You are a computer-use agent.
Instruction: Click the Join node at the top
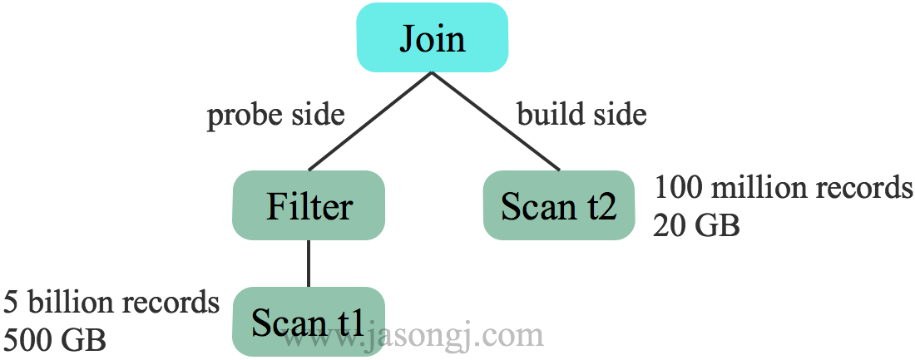(432, 38)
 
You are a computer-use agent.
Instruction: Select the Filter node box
(309, 205)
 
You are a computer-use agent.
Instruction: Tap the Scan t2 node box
(558, 205)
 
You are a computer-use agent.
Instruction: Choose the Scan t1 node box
(309, 322)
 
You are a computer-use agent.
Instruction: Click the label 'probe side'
(275, 115)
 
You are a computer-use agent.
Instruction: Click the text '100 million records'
(783, 188)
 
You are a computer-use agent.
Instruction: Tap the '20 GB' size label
(696, 224)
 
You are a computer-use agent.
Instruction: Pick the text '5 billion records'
(111, 303)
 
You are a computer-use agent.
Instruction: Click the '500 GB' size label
(55, 339)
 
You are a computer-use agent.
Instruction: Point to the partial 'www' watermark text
(321, 339)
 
